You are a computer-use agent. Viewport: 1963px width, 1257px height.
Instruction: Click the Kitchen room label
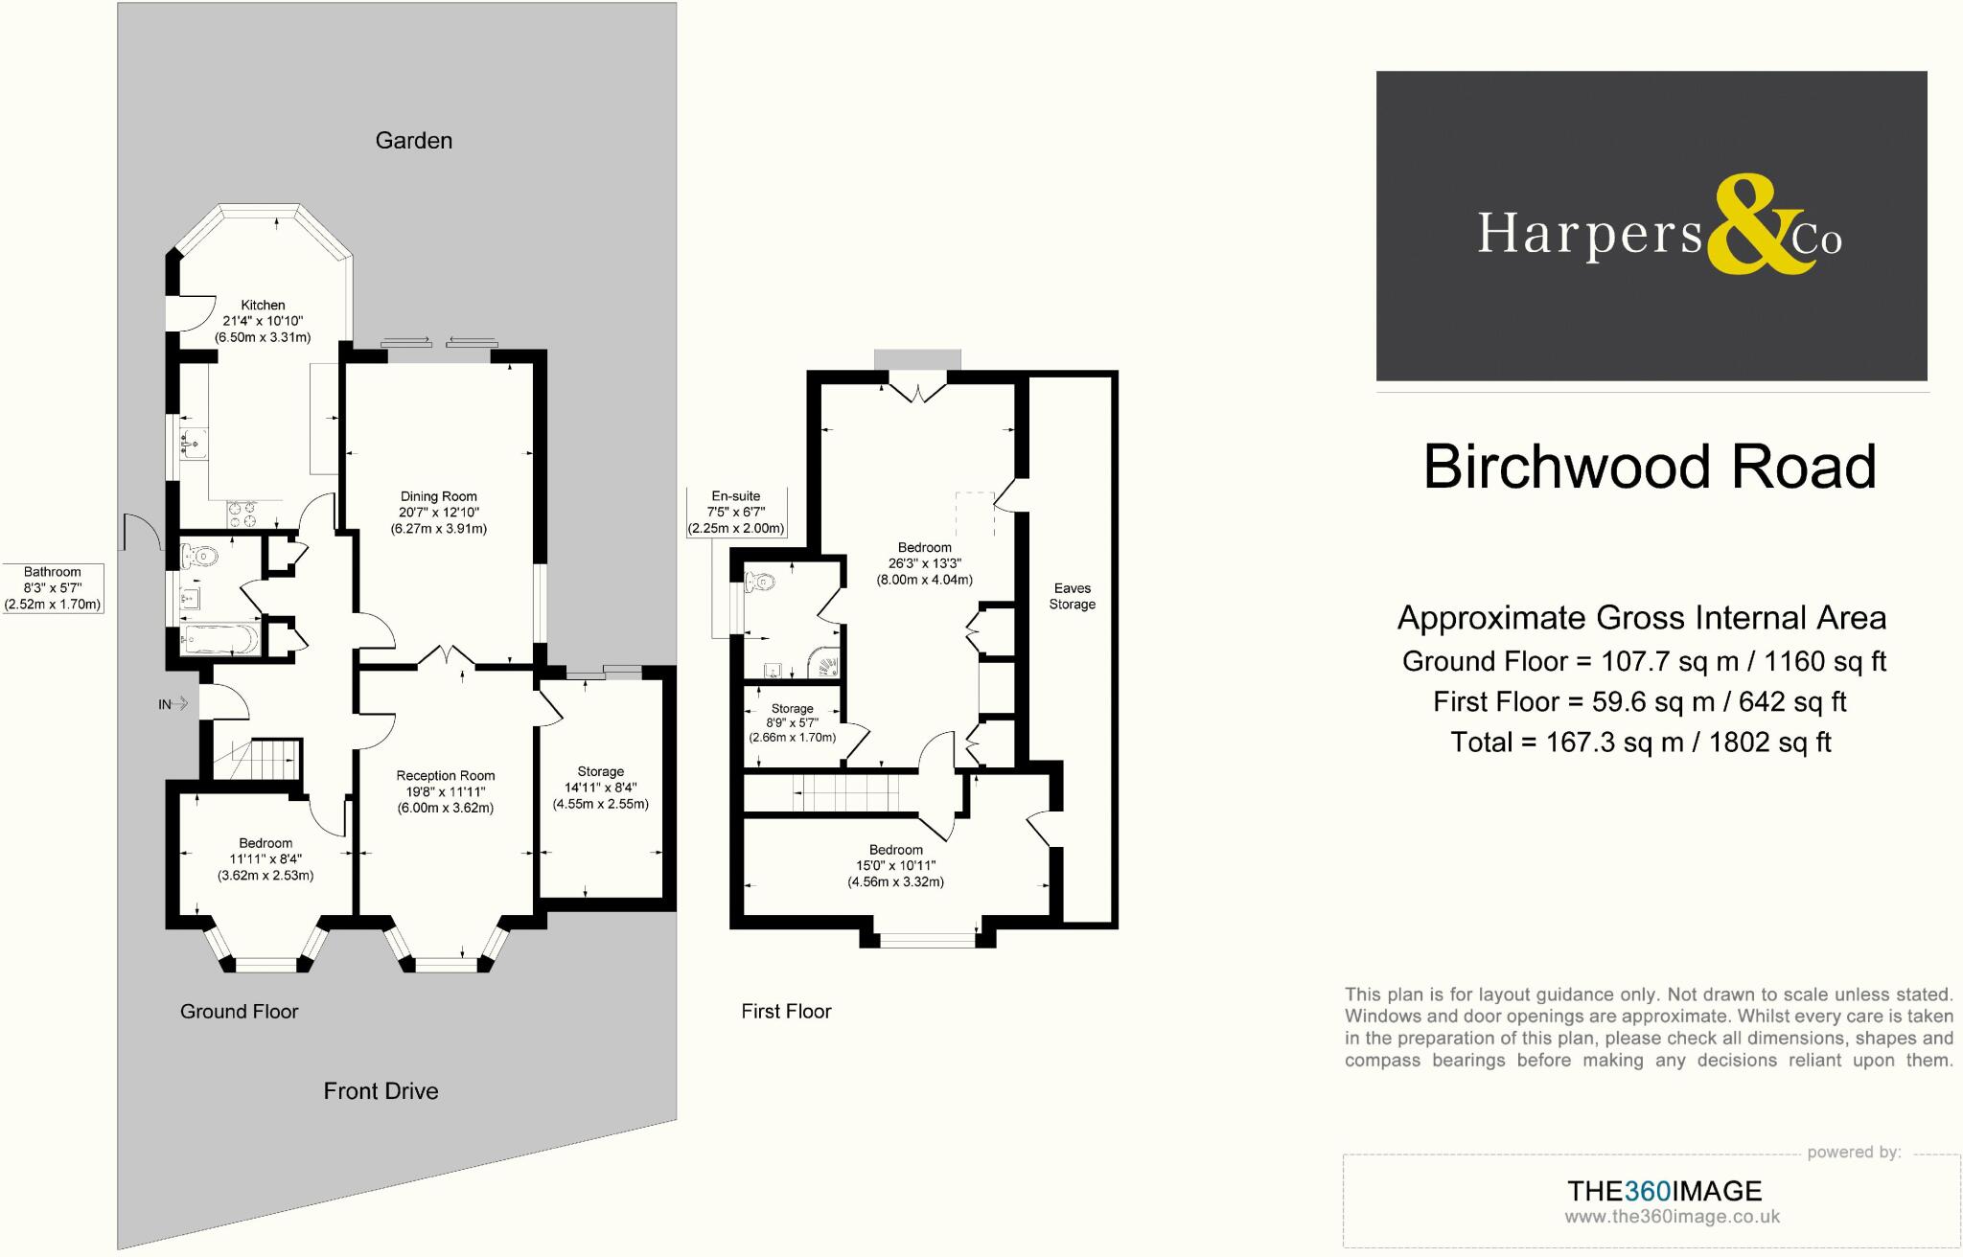[263, 306]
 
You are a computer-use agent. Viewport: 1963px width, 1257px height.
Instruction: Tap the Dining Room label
[438, 496]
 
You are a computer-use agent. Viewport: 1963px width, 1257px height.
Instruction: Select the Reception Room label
[446, 776]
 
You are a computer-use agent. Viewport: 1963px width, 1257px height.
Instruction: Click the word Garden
[413, 141]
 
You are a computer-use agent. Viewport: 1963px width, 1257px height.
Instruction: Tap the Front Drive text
[381, 1091]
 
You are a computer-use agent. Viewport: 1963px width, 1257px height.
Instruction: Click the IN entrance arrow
[173, 705]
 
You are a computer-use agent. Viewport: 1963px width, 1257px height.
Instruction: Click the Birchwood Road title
[1649, 468]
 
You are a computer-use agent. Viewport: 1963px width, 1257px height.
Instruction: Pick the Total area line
[1641, 743]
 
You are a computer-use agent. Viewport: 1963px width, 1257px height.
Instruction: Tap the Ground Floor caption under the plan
[239, 1012]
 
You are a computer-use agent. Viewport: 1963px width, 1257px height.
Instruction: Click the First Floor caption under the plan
[786, 1012]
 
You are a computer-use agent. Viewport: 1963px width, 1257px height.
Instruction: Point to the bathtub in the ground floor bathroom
[221, 639]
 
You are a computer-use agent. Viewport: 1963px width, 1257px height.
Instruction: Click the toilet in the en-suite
[761, 581]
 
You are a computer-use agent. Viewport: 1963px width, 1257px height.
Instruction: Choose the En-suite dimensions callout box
[736, 513]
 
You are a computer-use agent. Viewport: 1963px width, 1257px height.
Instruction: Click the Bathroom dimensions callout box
[53, 588]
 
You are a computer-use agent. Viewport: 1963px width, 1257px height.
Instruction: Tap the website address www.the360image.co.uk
[1672, 1217]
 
